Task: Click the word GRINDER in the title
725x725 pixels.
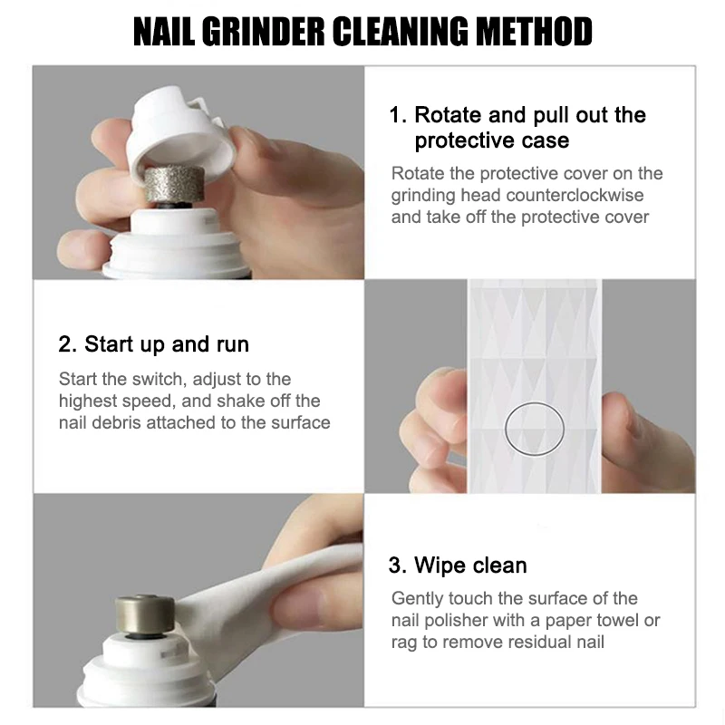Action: point(263,32)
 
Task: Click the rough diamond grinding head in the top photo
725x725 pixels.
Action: point(174,185)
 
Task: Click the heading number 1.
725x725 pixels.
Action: point(398,115)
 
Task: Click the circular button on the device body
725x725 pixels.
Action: point(535,429)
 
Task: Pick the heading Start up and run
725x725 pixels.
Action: point(153,344)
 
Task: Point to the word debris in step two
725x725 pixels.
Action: point(116,422)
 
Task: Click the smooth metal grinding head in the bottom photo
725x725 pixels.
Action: point(145,615)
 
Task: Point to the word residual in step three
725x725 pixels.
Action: point(538,642)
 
